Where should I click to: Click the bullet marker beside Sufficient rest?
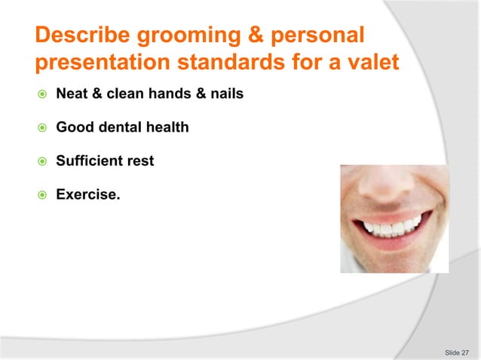[x=42, y=160]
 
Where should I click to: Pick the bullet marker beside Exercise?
[x=42, y=194]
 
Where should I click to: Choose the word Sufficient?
[x=90, y=160]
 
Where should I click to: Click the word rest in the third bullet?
[x=140, y=160]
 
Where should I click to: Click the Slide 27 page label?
[x=456, y=352]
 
